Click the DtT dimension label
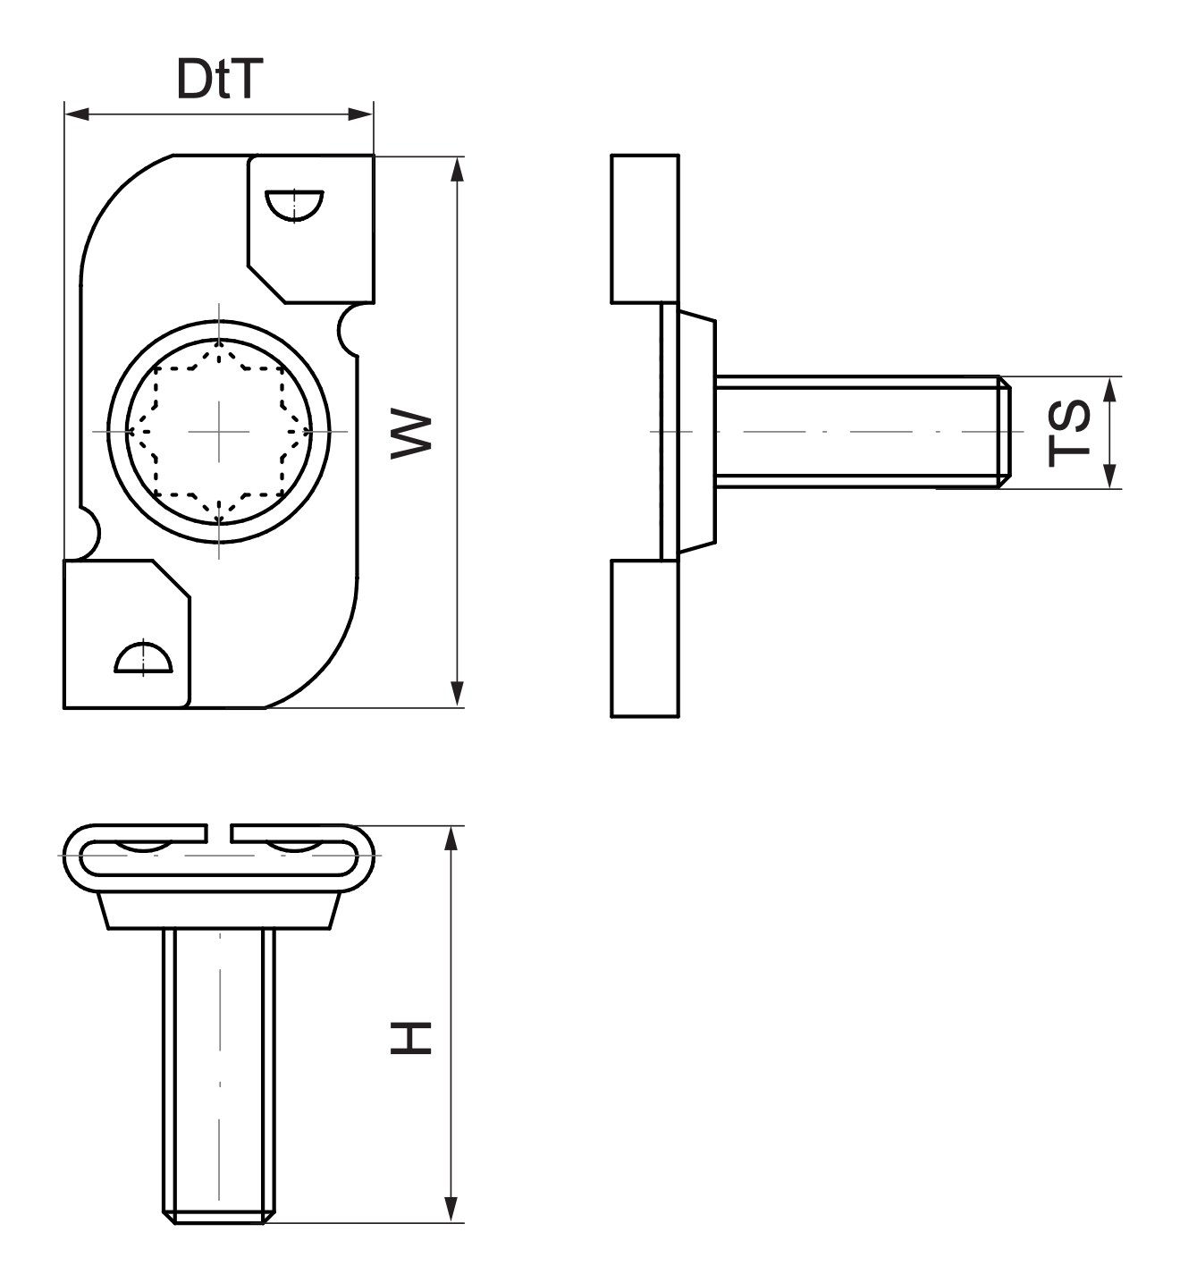coord(219,80)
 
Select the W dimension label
coord(411,435)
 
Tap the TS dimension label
coord(1069,433)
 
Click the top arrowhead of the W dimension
coord(457,170)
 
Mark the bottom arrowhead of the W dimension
coord(457,695)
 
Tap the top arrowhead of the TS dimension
coord(1110,390)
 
